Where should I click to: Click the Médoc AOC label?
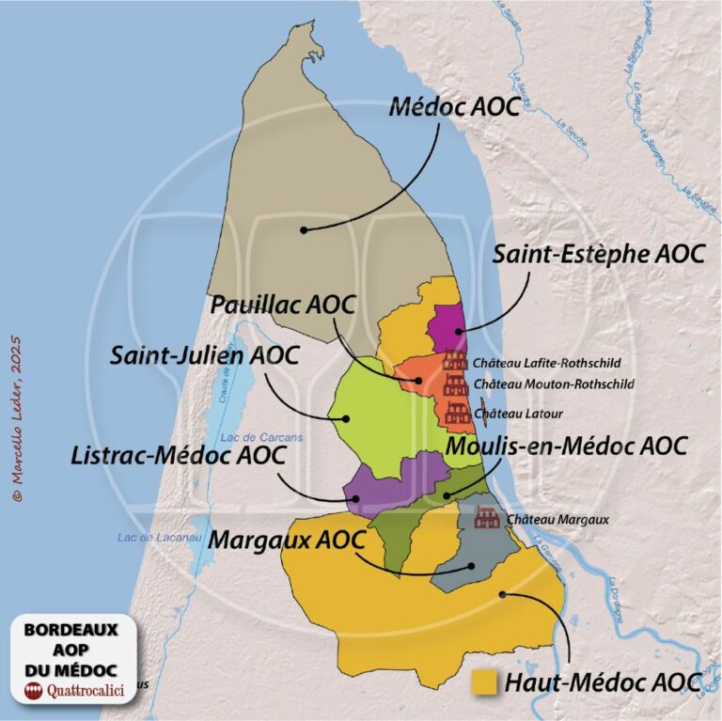(454, 107)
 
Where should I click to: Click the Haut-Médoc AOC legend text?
(603, 682)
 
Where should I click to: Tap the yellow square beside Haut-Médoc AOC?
(485, 682)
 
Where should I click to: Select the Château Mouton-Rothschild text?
(555, 384)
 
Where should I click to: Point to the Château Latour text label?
(519, 413)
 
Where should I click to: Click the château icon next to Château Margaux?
(486, 517)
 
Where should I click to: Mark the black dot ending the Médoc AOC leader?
(303, 228)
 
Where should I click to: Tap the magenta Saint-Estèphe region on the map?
(447, 329)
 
